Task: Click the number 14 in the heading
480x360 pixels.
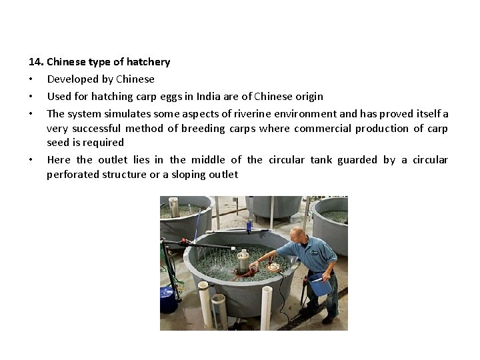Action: pos(35,62)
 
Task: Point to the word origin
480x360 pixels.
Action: pos(309,97)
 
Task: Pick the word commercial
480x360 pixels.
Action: pos(318,128)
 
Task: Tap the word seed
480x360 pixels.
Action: pos(57,143)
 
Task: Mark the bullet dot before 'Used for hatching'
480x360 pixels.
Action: pos(31,97)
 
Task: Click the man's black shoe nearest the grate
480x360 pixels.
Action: pos(329,320)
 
